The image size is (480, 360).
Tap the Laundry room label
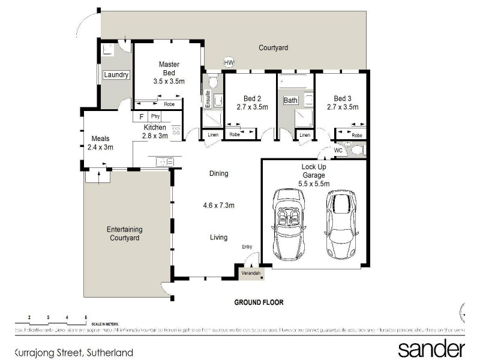coord(116,75)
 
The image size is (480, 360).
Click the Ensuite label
coord(208,97)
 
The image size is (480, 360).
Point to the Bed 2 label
coord(253,98)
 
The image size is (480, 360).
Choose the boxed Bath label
coord(291,100)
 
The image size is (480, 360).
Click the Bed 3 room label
coord(343,98)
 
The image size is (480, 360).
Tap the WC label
coord(337,150)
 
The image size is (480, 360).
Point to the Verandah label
coord(251,274)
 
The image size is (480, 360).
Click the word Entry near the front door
coord(247,247)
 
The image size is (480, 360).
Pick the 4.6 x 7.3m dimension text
coord(218,205)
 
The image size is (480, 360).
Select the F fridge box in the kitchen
coord(141,116)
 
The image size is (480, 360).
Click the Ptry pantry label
coord(155,116)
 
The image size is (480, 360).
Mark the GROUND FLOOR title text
coord(258,302)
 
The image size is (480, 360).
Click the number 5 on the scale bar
coord(86,316)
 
